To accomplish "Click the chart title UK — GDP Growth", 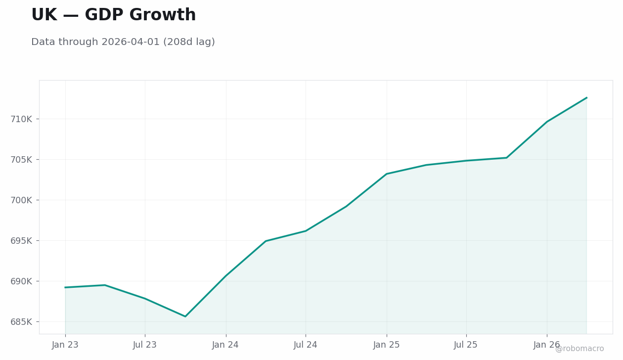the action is click(114, 14).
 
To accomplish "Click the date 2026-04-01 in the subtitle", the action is click(131, 42).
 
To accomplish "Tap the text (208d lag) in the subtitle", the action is click(189, 42).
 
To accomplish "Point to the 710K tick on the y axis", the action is click(21, 119).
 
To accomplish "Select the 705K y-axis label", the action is click(21, 160).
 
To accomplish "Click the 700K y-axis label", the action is click(21, 200).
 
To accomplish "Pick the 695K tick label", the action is click(21, 241).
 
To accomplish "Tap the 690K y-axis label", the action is click(21, 281).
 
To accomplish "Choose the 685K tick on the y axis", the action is click(21, 322).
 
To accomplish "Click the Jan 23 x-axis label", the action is click(65, 345).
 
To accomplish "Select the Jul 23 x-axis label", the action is click(145, 345).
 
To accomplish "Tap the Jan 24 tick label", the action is click(225, 345).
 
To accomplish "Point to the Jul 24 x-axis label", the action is click(306, 345).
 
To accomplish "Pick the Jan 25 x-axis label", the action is click(387, 345).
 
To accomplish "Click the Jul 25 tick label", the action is click(466, 345).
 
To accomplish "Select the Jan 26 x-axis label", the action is click(547, 345).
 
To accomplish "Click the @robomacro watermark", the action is click(579, 349).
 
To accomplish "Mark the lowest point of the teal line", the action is click(185, 316).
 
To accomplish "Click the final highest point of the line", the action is click(587, 97).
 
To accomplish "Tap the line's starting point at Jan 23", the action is click(65, 287).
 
